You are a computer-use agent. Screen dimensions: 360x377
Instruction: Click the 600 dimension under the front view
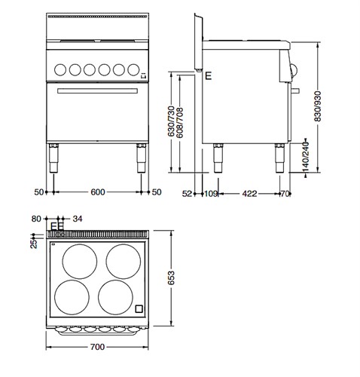98,192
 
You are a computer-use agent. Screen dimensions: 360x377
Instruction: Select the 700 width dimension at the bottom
97,347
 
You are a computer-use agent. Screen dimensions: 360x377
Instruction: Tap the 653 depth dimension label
171,278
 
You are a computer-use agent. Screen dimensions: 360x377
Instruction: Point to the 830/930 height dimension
318,106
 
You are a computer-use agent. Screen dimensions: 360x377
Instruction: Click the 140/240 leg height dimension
305,157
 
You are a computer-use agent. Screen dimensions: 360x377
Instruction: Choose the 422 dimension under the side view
249,194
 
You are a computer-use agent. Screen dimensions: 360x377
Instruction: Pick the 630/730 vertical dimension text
171,121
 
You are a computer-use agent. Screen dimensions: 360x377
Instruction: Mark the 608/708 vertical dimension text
180,123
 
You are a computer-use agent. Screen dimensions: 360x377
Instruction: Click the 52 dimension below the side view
187,194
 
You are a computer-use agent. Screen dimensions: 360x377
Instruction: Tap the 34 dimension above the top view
78,219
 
